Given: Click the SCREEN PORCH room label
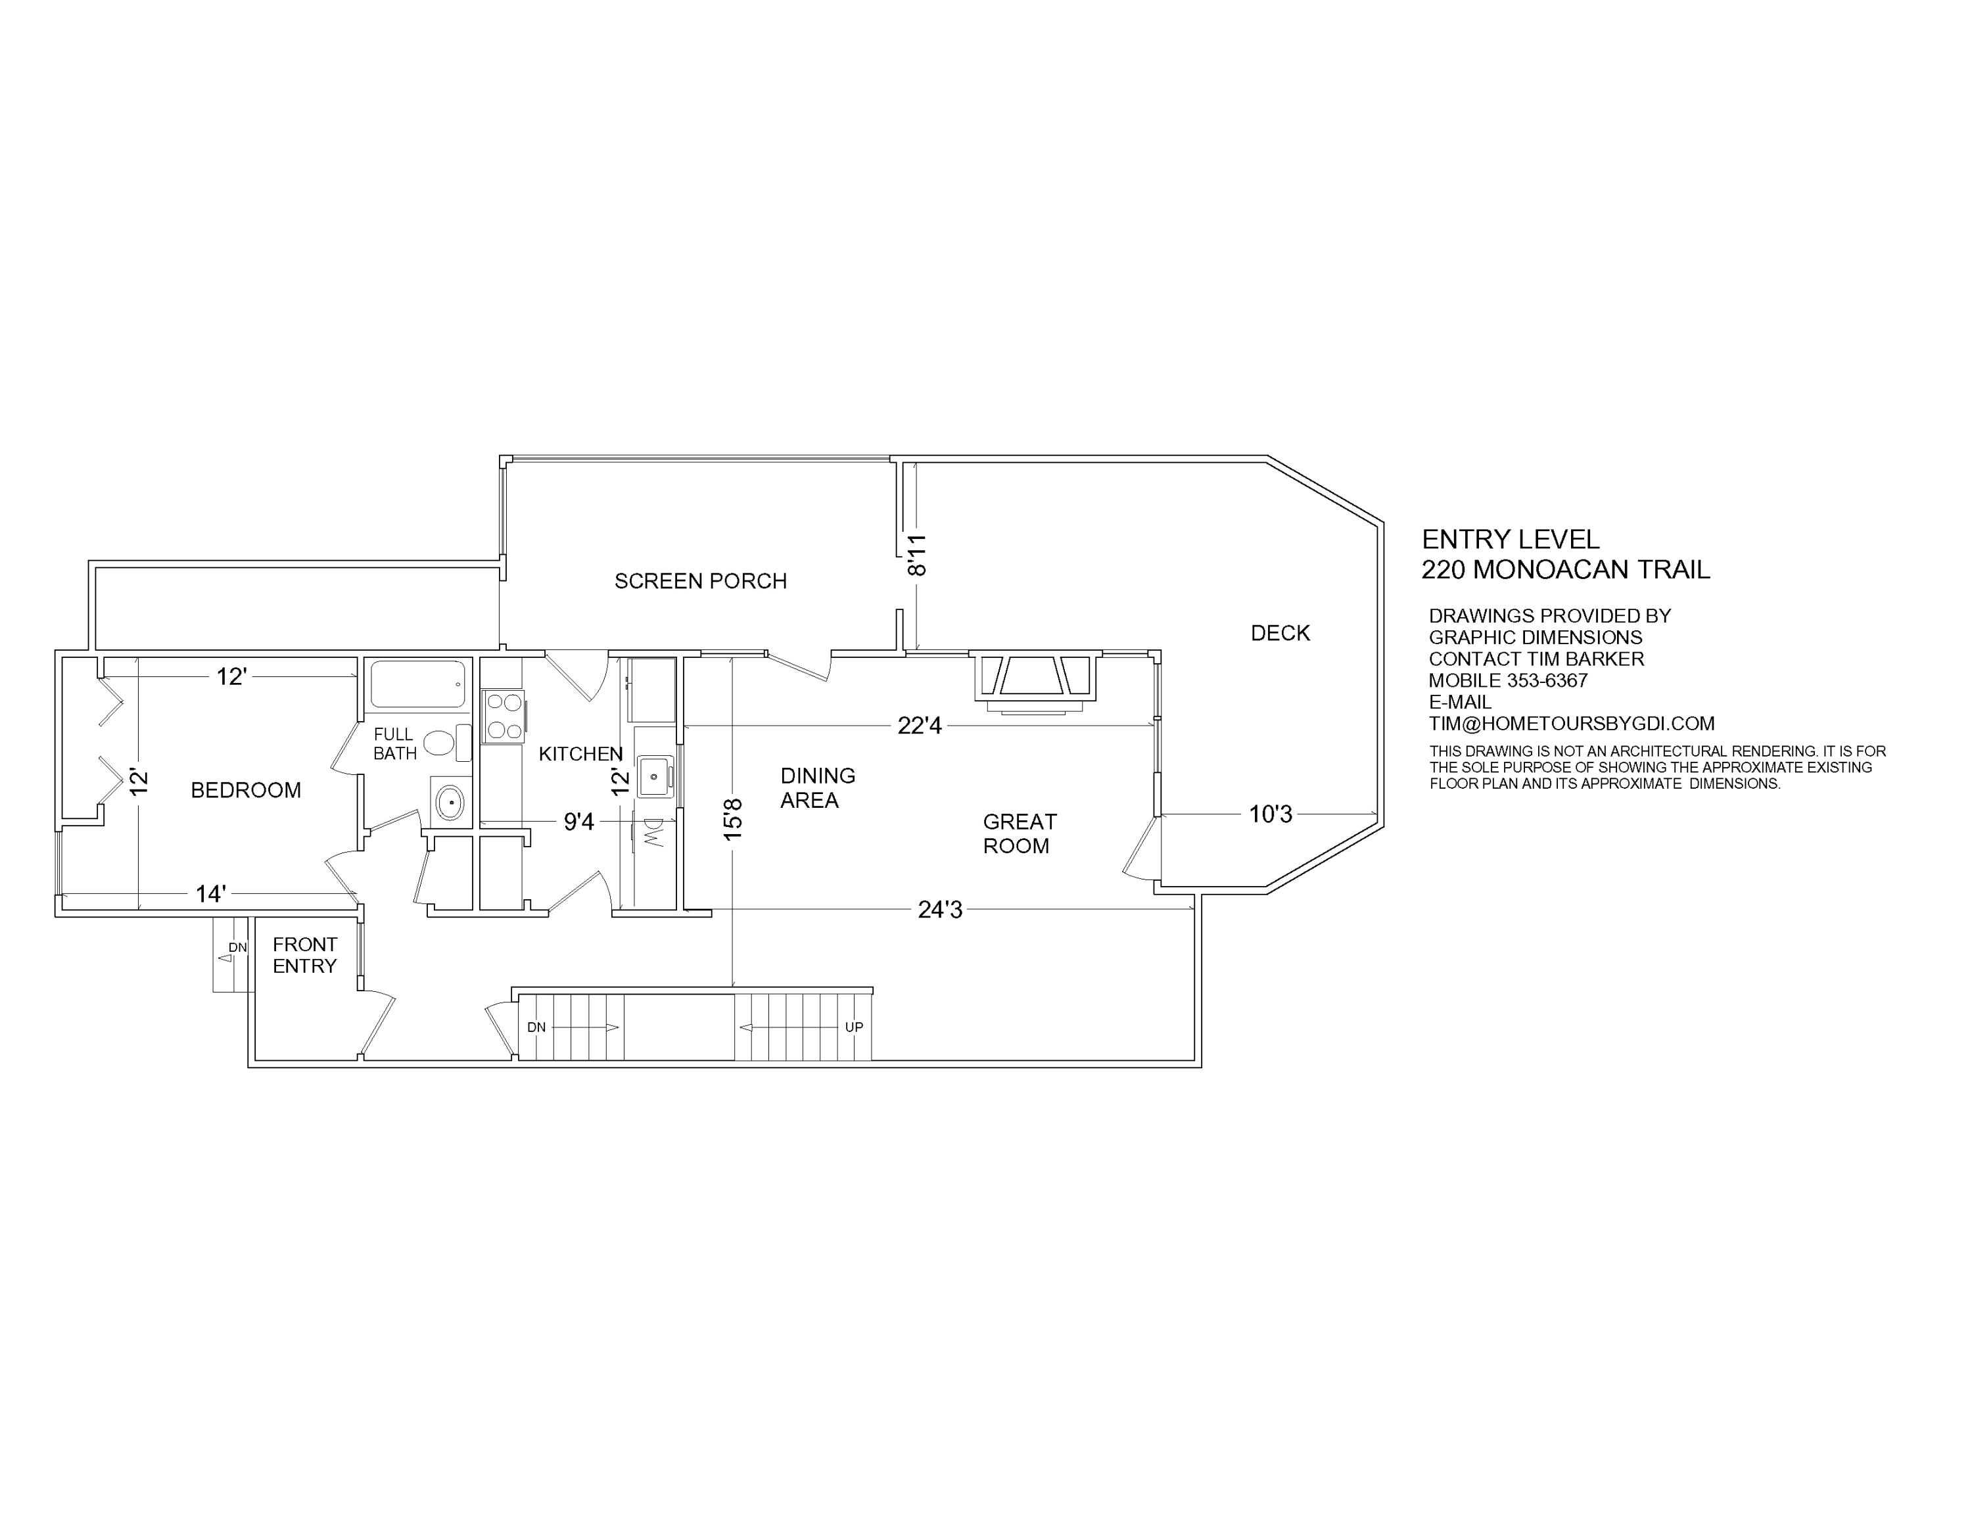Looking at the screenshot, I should [x=701, y=581].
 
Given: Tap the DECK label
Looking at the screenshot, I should [x=1279, y=634].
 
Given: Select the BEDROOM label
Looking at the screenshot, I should [x=246, y=791].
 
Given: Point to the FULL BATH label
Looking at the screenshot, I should [x=394, y=744].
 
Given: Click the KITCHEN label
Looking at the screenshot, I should [x=580, y=754].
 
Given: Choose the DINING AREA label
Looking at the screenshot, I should [x=817, y=788].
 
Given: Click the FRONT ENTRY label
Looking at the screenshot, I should [x=304, y=955].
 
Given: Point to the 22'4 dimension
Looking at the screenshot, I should [x=919, y=726].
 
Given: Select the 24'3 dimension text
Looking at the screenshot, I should [x=940, y=910].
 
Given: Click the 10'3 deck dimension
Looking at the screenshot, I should [x=1271, y=815].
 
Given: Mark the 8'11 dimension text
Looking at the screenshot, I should [x=918, y=555].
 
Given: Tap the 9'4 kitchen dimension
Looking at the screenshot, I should [x=578, y=822].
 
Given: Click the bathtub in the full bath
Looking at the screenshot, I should [x=417, y=684].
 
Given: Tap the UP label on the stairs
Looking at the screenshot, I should [x=853, y=1027].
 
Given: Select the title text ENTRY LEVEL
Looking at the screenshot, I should [x=1510, y=540].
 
